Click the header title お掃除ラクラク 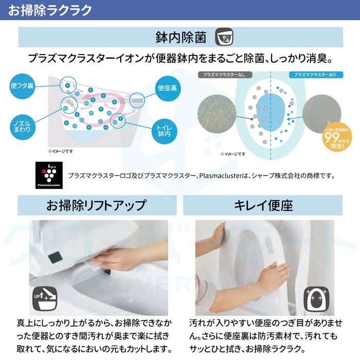(50, 10)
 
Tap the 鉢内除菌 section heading (181, 38)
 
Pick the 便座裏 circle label (168, 88)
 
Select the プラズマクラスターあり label (315, 75)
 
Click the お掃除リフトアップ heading (96, 206)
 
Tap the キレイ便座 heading (263, 206)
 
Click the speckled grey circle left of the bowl (217, 112)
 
